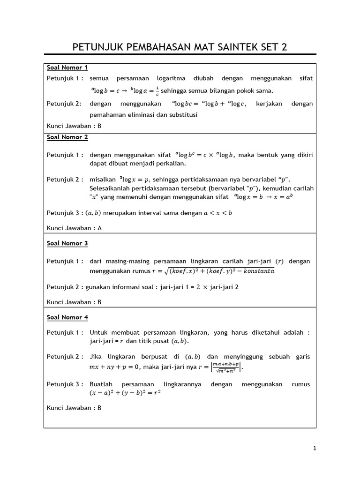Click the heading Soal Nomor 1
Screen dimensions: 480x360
[67, 67]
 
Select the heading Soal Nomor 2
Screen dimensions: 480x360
[67, 137]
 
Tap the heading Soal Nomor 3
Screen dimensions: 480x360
[67, 243]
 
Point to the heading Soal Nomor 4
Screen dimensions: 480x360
[67, 317]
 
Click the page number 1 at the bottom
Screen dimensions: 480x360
[315, 449]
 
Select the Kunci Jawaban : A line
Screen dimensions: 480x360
[74, 228]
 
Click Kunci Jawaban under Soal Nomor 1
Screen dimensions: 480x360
[74, 126]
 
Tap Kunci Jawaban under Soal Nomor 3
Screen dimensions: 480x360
[74, 302]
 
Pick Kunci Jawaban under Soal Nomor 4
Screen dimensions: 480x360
[74, 408]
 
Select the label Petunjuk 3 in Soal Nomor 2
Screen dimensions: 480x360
[65, 213]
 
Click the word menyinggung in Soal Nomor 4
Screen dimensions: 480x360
[245, 357]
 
